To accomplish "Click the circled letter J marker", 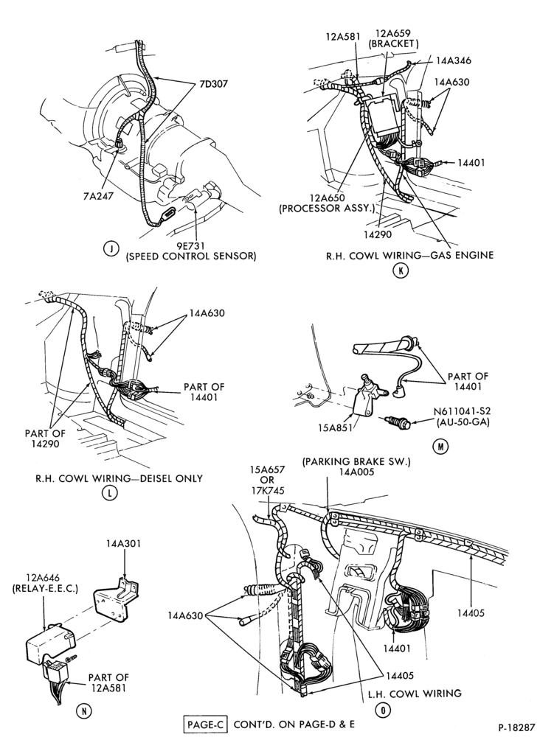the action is pyautogui.click(x=111, y=248).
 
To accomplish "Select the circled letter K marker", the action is pyautogui.click(x=400, y=270).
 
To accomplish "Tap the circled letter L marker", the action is pyautogui.click(x=108, y=492).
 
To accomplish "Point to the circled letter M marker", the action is pyautogui.click(x=440, y=446).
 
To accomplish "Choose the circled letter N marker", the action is pyautogui.click(x=83, y=711).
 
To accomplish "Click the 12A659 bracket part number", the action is pyautogui.click(x=392, y=33).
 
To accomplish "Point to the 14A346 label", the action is pyautogui.click(x=454, y=60).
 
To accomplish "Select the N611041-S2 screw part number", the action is pyautogui.click(x=463, y=412).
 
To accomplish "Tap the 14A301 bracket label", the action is pyautogui.click(x=123, y=544).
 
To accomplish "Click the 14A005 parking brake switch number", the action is pyautogui.click(x=356, y=472).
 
